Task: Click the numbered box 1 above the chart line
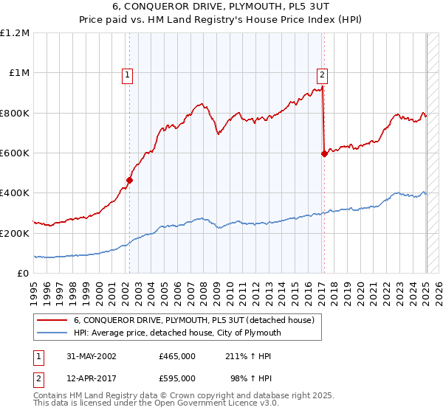tap(128, 74)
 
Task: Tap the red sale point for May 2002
tap(130, 179)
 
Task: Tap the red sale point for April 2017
tap(324, 153)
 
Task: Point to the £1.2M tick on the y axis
tap(15, 33)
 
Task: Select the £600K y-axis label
tap(15, 153)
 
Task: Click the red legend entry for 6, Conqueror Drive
tap(194, 320)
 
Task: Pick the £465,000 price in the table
tap(177, 355)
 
